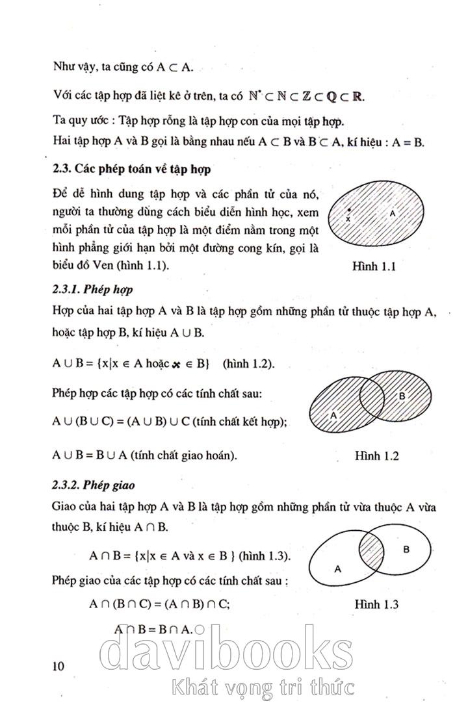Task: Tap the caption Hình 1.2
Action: (x=376, y=455)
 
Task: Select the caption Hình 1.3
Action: (x=376, y=604)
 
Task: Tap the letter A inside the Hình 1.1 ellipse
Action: (x=392, y=212)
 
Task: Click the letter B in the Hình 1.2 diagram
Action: (x=402, y=396)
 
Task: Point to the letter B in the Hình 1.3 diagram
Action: (x=406, y=549)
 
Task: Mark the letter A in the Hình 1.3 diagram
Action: (x=337, y=568)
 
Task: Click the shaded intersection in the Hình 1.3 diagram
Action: (x=373, y=545)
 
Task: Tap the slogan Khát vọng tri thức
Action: (x=261, y=685)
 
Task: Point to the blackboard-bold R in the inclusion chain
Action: (x=356, y=96)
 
